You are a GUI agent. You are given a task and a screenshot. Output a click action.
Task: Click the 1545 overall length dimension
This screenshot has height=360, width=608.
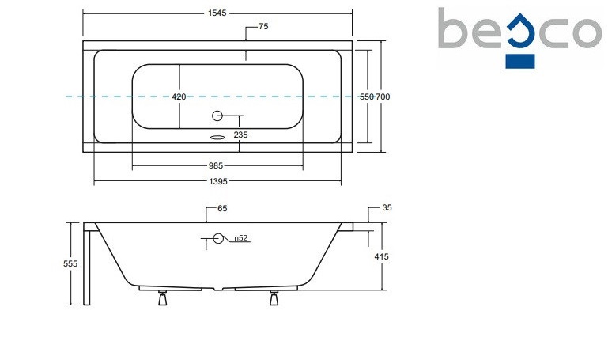217,13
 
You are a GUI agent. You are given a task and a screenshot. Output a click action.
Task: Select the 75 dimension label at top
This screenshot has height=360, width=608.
263,26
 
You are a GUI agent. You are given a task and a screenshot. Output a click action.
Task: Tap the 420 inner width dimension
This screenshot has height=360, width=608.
179,97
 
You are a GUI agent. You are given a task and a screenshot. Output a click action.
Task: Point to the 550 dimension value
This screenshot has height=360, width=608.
366,97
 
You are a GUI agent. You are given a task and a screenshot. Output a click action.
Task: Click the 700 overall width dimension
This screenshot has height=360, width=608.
383,97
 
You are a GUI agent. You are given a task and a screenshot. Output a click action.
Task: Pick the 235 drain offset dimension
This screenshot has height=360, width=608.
240,135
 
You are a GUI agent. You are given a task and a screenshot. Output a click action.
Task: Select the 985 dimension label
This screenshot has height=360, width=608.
216,165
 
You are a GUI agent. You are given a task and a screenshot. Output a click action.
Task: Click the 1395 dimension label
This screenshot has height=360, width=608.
218,181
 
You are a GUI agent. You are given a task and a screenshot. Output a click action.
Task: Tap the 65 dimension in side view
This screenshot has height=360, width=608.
222,208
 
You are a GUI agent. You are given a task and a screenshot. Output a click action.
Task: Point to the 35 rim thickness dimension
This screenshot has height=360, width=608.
387,207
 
